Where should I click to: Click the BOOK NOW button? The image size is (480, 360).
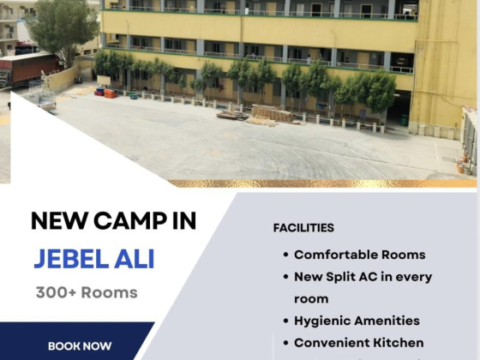(x=80, y=346)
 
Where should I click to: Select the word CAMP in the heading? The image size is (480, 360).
(x=130, y=220)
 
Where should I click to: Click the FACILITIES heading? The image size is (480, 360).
(x=303, y=228)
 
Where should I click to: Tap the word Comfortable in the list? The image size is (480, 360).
(x=335, y=255)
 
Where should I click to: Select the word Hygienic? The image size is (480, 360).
(x=321, y=321)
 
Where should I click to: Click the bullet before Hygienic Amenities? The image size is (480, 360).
(x=286, y=321)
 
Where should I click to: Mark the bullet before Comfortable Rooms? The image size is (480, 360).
(x=286, y=255)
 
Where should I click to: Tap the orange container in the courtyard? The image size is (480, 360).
(x=111, y=93)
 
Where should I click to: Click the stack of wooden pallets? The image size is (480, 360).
(x=271, y=114)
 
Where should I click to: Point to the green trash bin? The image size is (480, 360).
(x=404, y=120)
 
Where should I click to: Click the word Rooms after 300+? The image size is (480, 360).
(x=110, y=292)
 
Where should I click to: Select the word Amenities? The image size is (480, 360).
(x=387, y=321)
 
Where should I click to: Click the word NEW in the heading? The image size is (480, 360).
(x=59, y=220)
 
